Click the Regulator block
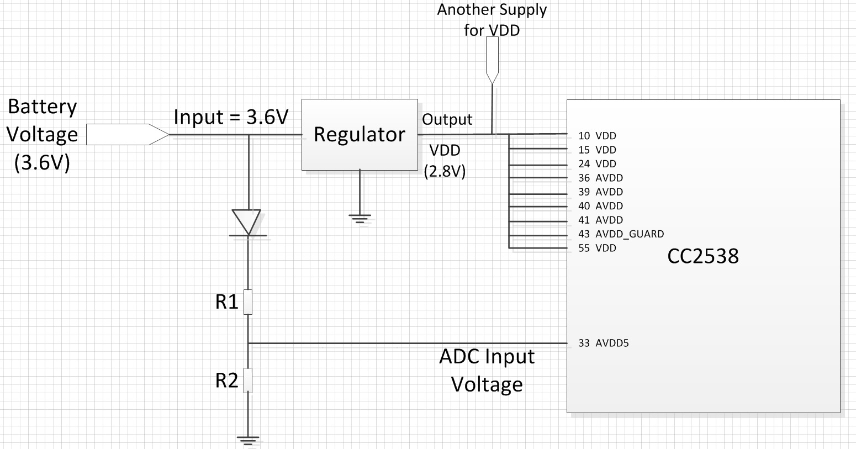pos(360,135)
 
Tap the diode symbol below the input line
pos(248,223)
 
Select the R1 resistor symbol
pos(248,302)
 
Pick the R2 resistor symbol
pos(248,380)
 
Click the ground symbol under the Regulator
pos(360,219)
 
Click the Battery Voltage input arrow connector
pos(128,135)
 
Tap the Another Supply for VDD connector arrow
pos(492,60)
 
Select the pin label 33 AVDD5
pos(604,343)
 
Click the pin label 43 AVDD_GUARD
pos(621,234)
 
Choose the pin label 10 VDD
pos(598,136)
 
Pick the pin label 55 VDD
pos(598,248)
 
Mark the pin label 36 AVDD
pos(601,178)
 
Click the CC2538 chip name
pos(703,256)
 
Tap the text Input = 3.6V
pos(231,117)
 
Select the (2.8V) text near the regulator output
pos(445,171)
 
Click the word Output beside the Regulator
pos(447,120)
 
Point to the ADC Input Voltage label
pos(487,370)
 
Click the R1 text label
pos(226,302)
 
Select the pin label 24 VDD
pos(598,164)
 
